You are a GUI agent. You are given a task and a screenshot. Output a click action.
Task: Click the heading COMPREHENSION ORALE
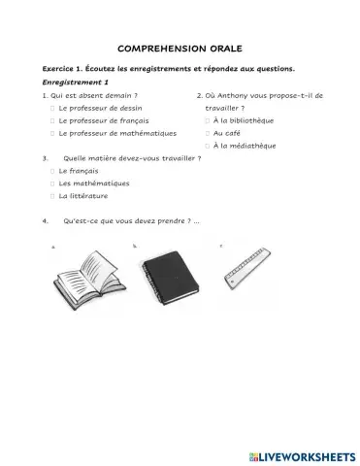click(x=180, y=47)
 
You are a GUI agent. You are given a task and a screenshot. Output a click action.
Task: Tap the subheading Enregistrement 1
click(x=70, y=83)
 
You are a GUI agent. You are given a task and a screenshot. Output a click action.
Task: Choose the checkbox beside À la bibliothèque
click(x=208, y=120)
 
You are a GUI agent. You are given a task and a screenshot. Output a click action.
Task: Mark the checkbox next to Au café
click(x=208, y=133)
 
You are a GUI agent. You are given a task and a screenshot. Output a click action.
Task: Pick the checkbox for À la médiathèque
click(x=208, y=146)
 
